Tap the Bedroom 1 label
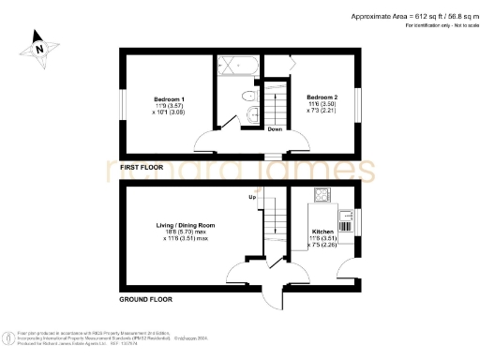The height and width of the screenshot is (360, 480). point(169,98)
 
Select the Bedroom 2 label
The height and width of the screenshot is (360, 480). point(322,97)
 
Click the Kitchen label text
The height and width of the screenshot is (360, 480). point(322,232)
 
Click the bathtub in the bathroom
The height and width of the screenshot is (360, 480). point(238,68)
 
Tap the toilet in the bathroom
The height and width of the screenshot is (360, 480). point(248,96)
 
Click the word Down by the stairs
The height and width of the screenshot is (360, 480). point(276,129)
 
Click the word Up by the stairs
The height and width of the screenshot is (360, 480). point(252,198)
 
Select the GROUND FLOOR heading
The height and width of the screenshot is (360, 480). point(150,300)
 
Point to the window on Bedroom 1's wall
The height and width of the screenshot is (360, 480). point(121,102)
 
